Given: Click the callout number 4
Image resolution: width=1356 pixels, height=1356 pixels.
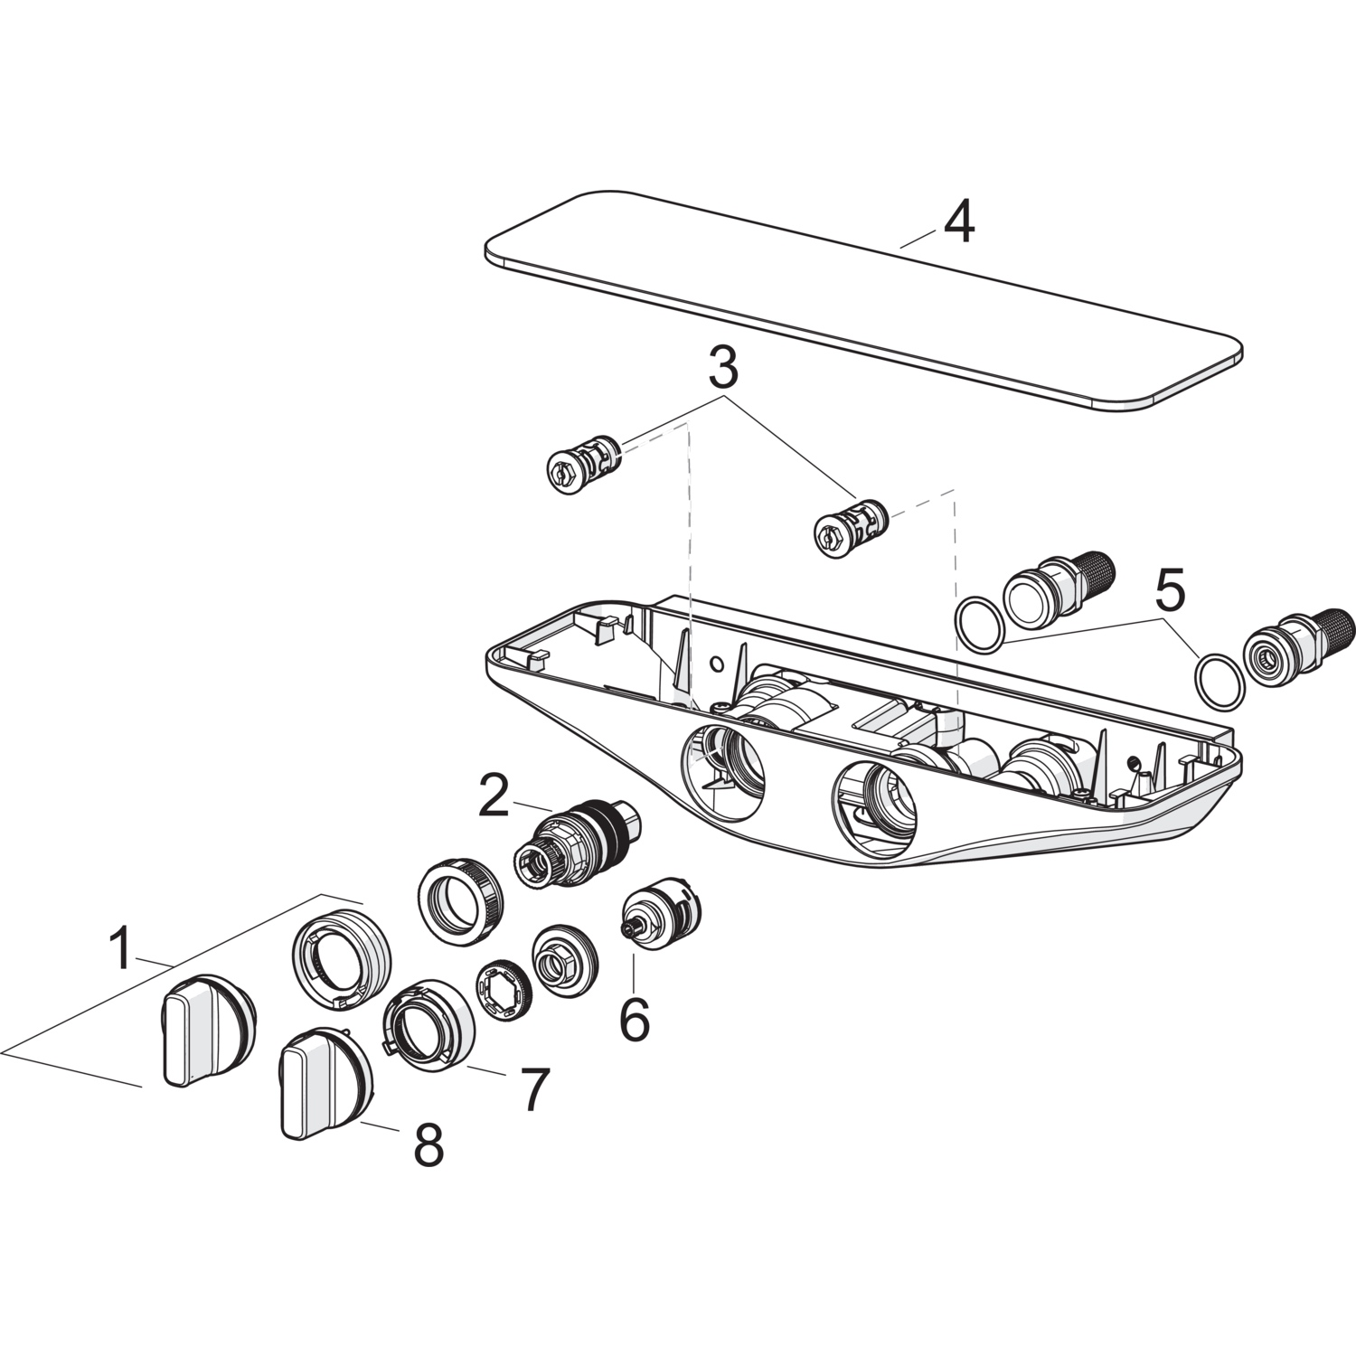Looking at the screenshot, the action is click(x=959, y=223).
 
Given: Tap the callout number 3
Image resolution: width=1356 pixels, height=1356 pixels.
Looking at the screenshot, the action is click(x=723, y=369).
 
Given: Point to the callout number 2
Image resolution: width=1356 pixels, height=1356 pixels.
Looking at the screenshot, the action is click(x=494, y=796).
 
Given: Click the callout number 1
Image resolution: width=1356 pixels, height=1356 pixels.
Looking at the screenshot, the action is click(x=120, y=948).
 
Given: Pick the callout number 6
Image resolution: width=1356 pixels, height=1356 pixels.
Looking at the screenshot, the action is click(x=634, y=1019).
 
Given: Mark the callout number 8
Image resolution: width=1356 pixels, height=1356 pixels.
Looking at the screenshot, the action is click(x=428, y=1146).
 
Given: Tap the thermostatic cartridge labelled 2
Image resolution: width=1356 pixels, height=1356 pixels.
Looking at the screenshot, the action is click(x=576, y=841).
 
